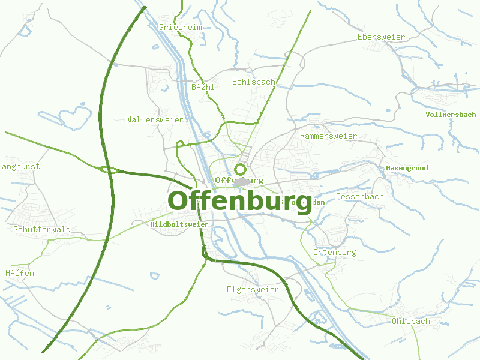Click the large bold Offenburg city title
coord(240,200)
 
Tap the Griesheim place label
coord(180,27)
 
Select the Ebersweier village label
coord(381,37)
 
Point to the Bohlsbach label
coord(254,82)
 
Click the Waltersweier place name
coord(155,120)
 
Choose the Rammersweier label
coord(328,136)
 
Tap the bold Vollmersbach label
coord(451,115)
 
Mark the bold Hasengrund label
coord(407,168)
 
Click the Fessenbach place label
coord(360,197)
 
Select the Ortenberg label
coord(334,253)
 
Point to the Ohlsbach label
coord(410,322)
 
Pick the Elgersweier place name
coord(253,290)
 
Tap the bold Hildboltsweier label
coord(179,224)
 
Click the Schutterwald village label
coord(42,229)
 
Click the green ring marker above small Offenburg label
coord(241,169)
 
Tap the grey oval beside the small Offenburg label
coord(241,182)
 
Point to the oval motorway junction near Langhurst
coord(109,170)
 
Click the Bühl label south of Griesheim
coord(203,87)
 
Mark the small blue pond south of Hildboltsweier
coord(155,276)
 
